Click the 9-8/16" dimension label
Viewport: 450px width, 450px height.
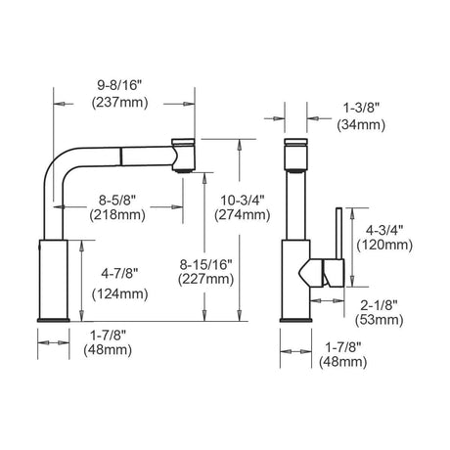click(x=119, y=86)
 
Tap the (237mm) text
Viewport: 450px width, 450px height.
click(x=119, y=103)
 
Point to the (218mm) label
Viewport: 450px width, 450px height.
click(x=117, y=214)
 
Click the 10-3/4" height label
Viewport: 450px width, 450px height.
click(x=243, y=200)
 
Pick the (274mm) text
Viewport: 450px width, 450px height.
click(x=243, y=214)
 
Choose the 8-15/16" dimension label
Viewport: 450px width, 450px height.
click(x=206, y=264)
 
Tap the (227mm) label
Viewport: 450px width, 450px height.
click(x=206, y=279)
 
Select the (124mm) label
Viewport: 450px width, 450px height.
click(x=120, y=294)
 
